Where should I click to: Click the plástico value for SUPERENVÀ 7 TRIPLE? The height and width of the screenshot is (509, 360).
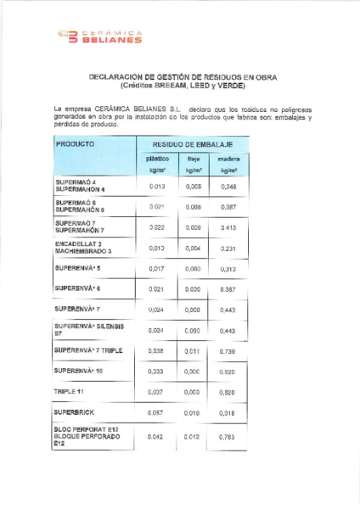(x=156, y=350)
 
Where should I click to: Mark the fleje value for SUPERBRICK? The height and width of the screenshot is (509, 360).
(x=193, y=412)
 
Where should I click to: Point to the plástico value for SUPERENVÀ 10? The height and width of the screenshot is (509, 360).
(x=156, y=371)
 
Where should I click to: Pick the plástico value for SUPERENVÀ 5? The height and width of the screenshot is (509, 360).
(x=156, y=269)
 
